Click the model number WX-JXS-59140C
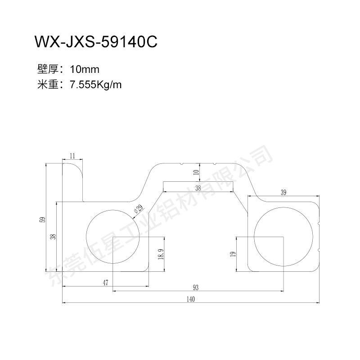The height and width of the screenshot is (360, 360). click(x=96, y=42)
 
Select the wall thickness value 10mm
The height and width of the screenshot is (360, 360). click(x=85, y=69)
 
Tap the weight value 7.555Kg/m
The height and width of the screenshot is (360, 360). click(x=95, y=85)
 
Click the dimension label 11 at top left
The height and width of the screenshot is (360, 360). click(x=72, y=156)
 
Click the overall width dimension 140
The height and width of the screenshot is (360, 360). click(x=191, y=299)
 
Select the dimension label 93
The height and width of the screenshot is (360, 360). click(x=196, y=288)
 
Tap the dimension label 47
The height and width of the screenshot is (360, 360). click(x=105, y=283)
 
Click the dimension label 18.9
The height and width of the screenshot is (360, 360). click(x=161, y=254)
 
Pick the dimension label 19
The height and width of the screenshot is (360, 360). click(x=233, y=254)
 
